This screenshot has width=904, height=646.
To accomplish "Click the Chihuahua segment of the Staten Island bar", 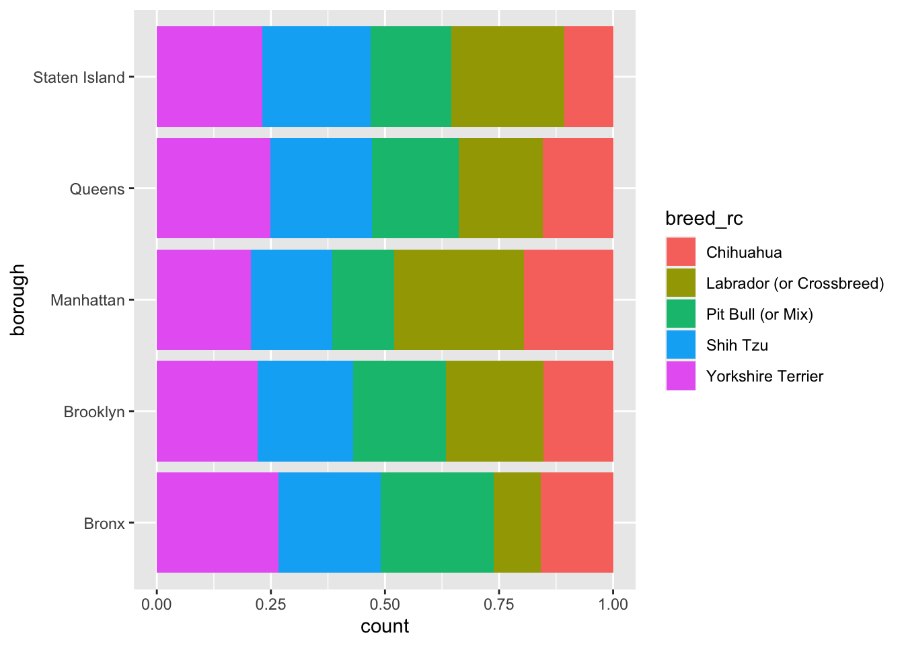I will pos(589,77).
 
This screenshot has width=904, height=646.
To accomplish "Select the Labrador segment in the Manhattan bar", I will pos(459,299).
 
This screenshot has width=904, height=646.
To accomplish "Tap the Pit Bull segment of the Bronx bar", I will pos(437,522).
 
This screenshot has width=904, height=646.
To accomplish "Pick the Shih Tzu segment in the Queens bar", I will pos(321,188).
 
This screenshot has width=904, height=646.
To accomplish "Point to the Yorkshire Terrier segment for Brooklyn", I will pos(207,410).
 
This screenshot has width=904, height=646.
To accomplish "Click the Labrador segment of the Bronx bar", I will pos(517,522).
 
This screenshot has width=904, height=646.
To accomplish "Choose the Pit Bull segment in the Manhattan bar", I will pos(363,299).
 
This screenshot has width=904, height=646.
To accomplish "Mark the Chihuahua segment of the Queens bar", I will pos(578,188).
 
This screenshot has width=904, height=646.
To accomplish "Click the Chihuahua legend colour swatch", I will pos(681,252).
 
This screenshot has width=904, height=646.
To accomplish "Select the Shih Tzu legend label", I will pos(737,345).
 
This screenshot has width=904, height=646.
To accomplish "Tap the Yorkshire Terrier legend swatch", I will pos(681,375).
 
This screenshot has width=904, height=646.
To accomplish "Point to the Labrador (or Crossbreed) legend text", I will pos(794,283).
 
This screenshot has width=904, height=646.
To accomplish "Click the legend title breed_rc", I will pos(704,219).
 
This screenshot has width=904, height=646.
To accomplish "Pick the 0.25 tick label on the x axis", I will pos(271,604).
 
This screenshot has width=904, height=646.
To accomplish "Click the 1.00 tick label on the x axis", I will pos(613,604).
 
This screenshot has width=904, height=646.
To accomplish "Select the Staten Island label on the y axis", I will pos(79,77).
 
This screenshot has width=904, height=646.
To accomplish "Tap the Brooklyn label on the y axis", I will pos(94,412).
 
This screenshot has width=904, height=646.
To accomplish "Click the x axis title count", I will pos(385,626).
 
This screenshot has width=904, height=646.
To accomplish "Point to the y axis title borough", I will pos(18,299).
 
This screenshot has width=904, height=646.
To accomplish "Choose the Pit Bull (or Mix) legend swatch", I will pos(681,314).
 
